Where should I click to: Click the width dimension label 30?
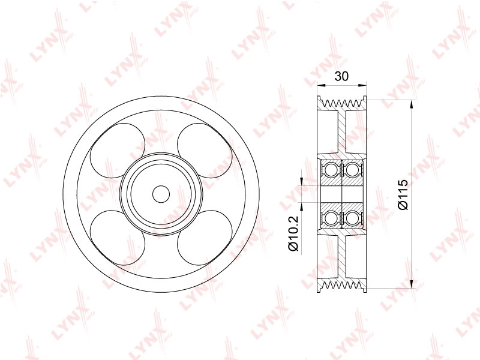(341, 76)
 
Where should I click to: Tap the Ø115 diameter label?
(403, 194)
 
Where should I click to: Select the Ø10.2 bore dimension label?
(293, 233)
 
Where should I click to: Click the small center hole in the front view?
(161, 194)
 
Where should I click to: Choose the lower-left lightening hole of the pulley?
(118, 238)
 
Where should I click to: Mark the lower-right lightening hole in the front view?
(205, 238)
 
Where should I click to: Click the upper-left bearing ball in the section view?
(331, 170)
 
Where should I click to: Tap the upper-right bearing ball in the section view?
(352, 170)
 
